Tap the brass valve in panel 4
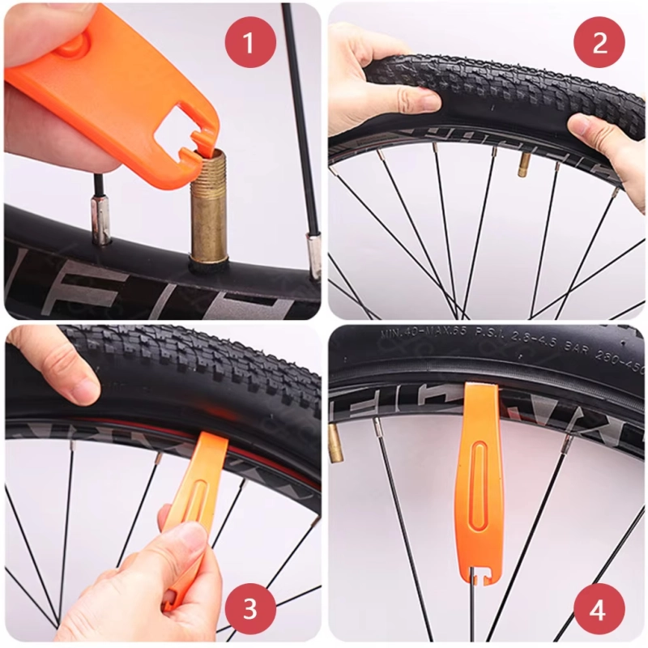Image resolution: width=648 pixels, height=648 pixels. pyautogui.click(x=335, y=442)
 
